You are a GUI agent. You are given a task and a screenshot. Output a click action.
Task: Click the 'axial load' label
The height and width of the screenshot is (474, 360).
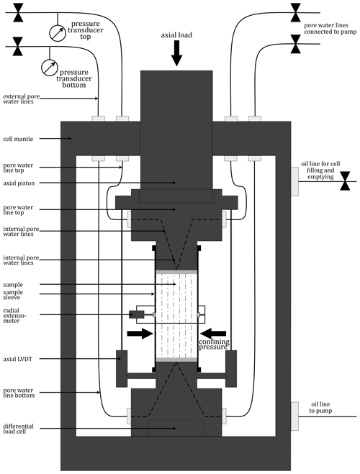click(176, 35)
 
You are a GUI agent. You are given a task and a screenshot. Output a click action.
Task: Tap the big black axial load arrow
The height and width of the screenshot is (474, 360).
click(176, 53)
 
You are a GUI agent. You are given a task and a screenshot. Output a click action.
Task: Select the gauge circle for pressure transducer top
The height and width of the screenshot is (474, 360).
click(58, 33)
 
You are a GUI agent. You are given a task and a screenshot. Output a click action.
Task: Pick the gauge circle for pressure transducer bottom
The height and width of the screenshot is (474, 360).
click(49, 68)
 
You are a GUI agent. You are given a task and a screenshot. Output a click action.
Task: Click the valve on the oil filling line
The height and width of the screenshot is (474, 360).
click(345, 181)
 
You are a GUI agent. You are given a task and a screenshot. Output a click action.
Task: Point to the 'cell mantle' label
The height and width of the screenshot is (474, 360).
click(18, 139)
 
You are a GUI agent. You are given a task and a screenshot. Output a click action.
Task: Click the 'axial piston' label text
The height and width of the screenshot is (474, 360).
click(19, 183)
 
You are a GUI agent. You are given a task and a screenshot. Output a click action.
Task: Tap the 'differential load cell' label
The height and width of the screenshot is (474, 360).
click(18, 429)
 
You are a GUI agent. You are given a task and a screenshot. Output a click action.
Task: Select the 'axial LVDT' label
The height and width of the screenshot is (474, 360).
click(17, 359)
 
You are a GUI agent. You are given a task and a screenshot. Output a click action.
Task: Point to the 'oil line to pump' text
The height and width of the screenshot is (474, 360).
click(320, 408)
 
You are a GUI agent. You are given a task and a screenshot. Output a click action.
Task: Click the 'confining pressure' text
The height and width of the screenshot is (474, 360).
click(214, 344)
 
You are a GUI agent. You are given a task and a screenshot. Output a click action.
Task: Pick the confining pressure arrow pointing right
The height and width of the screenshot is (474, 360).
click(140, 334)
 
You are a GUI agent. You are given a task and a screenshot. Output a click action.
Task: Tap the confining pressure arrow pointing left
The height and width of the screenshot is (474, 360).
click(213, 334)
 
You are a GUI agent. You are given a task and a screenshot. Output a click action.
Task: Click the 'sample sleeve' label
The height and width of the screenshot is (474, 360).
click(13, 295)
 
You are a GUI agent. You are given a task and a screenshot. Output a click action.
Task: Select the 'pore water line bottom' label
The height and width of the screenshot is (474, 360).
click(19, 393)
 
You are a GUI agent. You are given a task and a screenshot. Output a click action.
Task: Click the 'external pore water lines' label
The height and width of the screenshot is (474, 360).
click(21, 99)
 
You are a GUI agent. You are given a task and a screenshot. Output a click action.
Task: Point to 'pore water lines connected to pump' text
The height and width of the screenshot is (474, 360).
click(330, 29)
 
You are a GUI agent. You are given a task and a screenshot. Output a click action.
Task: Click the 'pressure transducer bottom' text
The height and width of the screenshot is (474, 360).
click(74, 78)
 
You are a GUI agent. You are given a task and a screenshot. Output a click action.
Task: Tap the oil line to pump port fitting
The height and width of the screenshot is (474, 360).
click(294, 416)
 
